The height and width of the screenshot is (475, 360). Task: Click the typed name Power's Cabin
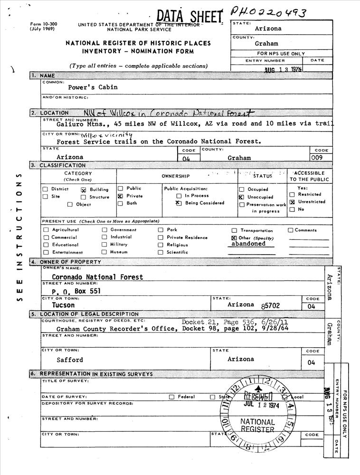93,87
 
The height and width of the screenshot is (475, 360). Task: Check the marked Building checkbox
83,190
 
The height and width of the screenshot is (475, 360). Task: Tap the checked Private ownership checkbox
120,196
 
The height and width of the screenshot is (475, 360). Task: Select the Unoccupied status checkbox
241,197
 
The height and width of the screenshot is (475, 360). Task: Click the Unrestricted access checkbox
292,202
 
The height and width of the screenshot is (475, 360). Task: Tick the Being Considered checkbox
179,203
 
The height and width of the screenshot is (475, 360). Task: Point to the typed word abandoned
248,244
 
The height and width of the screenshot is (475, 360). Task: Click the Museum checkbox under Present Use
104,252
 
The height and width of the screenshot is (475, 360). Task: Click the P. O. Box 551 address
76,291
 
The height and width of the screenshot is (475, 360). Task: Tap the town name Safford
70,360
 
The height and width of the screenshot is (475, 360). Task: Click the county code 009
317,157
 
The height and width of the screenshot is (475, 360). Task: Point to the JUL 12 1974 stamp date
261,405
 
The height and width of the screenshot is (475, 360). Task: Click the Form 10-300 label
42,24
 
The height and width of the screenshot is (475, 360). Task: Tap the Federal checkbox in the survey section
171,397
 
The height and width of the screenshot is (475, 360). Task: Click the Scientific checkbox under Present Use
161,252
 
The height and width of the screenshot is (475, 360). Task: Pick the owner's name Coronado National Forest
97,277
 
